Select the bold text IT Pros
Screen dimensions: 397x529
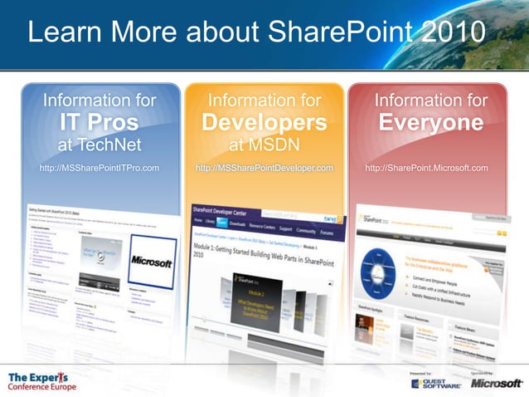[x=99, y=123]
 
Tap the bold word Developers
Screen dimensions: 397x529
[x=264, y=123]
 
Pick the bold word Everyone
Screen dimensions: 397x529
[x=430, y=123]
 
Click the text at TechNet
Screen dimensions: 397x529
[x=99, y=145]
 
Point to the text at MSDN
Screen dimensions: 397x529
[x=264, y=145]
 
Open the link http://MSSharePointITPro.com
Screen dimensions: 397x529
[x=99, y=168]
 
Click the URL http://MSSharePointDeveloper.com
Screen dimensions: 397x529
[x=264, y=168]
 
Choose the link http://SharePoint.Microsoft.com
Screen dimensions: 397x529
[x=427, y=168]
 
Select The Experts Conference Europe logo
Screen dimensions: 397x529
[x=41, y=381]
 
